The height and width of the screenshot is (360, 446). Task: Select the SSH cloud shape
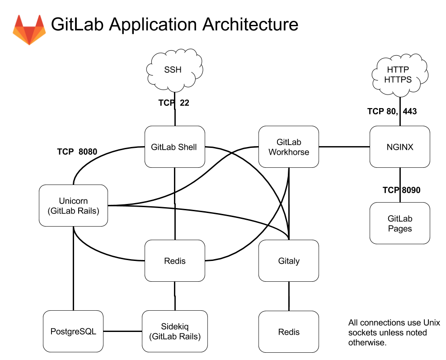174,71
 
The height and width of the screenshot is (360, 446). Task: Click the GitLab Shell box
174,147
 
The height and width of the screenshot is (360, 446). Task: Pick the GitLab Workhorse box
288,147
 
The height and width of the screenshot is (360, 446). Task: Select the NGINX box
399,147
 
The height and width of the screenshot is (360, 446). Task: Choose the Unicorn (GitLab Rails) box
73,205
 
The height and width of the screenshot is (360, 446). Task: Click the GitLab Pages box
399,223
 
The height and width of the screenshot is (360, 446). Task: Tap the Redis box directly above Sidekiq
174,261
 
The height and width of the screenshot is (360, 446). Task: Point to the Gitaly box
288,261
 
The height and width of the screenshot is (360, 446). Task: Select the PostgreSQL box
73,332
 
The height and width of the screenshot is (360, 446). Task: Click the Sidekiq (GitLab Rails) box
174,332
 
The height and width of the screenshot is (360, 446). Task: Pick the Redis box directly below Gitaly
288,332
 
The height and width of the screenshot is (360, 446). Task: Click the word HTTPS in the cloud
398,80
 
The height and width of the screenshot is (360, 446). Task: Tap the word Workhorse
289,152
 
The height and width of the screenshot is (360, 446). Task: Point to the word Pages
400,228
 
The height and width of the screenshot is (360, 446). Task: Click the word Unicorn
73,201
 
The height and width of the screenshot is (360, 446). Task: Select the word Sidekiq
174,327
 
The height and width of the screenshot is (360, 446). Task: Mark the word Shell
187,147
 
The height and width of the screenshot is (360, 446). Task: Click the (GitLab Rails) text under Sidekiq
174,336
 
